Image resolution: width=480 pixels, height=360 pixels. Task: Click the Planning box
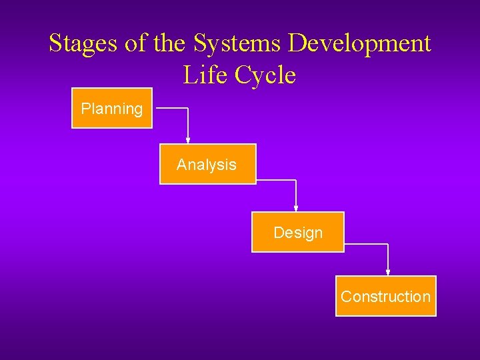112,108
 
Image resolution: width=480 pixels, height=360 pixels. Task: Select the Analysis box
207,164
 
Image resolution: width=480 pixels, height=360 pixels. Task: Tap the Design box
297,232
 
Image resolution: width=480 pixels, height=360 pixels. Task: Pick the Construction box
385,296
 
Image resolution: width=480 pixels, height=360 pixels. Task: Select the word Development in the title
360,44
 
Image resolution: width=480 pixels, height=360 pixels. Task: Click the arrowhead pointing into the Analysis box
188,141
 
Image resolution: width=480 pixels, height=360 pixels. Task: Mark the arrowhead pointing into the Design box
296,209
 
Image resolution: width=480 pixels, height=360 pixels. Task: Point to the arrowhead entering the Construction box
388,272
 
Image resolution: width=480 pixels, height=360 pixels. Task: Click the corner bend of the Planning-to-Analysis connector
188,108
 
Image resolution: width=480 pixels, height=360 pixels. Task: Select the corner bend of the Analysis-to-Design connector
296,180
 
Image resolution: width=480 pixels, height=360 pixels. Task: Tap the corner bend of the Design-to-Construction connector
388,244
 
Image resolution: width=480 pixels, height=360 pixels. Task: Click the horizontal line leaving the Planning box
171,108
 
